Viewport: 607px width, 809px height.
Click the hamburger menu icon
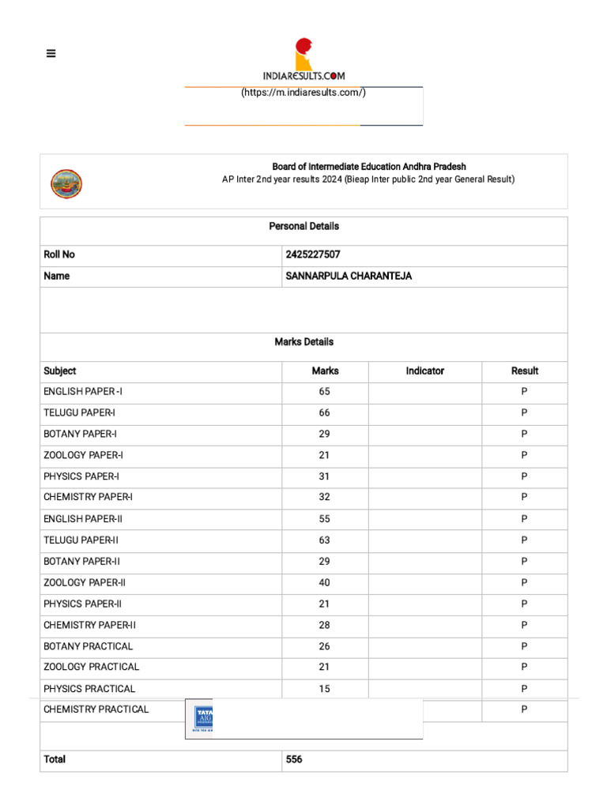[51, 54]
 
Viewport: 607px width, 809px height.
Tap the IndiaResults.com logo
[304, 60]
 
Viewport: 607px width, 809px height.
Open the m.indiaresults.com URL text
[303, 92]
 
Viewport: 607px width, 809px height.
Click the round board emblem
[66, 183]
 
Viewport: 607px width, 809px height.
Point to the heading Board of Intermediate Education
[369, 167]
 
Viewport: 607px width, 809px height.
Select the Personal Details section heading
[303, 226]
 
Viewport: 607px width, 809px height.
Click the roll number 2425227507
[313, 254]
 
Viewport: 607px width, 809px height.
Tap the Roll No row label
[59, 254]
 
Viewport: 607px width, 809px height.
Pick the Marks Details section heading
[303, 342]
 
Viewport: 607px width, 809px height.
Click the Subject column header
[60, 371]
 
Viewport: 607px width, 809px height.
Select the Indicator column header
[424, 371]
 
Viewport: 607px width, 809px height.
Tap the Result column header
[524, 371]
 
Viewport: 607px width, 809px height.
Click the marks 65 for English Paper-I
[325, 392]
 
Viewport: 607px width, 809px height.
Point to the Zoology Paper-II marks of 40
[325, 582]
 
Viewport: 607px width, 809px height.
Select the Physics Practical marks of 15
[325, 689]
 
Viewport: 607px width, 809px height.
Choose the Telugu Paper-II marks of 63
[325, 540]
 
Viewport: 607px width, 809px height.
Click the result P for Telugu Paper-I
[524, 412]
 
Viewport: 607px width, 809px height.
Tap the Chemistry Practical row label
[96, 709]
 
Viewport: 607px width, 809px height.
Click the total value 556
[294, 759]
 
